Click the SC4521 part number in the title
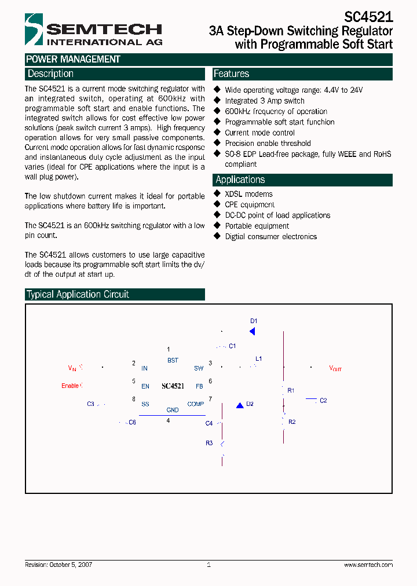click(368, 18)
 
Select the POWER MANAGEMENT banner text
click(73, 59)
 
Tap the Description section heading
click(51, 74)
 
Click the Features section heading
click(231, 74)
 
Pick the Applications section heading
click(240, 180)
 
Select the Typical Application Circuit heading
click(78, 294)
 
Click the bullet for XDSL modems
click(218, 194)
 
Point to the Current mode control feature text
click(259, 133)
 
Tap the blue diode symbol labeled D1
click(252, 331)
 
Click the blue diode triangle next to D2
click(239, 405)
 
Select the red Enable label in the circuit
click(70, 386)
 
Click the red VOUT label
click(335, 368)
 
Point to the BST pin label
click(173, 360)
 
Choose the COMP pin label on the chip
click(195, 404)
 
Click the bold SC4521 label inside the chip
click(173, 386)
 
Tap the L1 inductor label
click(259, 359)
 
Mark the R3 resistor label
click(209, 443)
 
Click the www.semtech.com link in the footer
click(368, 565)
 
